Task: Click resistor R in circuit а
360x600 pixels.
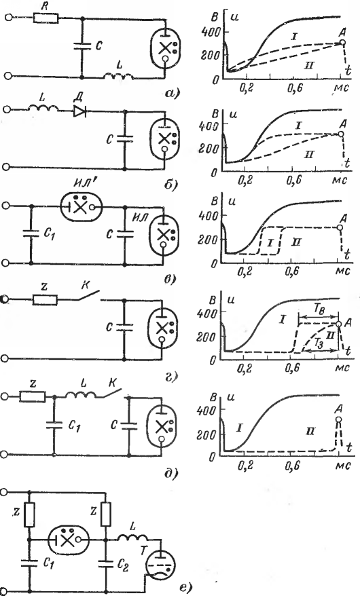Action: [x=46, y=18]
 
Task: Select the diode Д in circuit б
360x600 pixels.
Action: [x=79, y=111]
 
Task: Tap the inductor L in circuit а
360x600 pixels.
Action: [x=119, y=77]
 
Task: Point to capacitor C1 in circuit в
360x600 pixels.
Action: [x=31, y=233]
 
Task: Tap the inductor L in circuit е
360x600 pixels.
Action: [x=132, y=539]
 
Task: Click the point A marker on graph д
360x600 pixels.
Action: [x=338, y=419]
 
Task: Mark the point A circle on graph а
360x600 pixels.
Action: [x=343, y=43]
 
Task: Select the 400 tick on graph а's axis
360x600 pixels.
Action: [x=211, y=31]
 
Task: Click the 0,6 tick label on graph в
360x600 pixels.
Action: [x=292, y=271]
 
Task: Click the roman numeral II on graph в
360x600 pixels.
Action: [x=295, y=242]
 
